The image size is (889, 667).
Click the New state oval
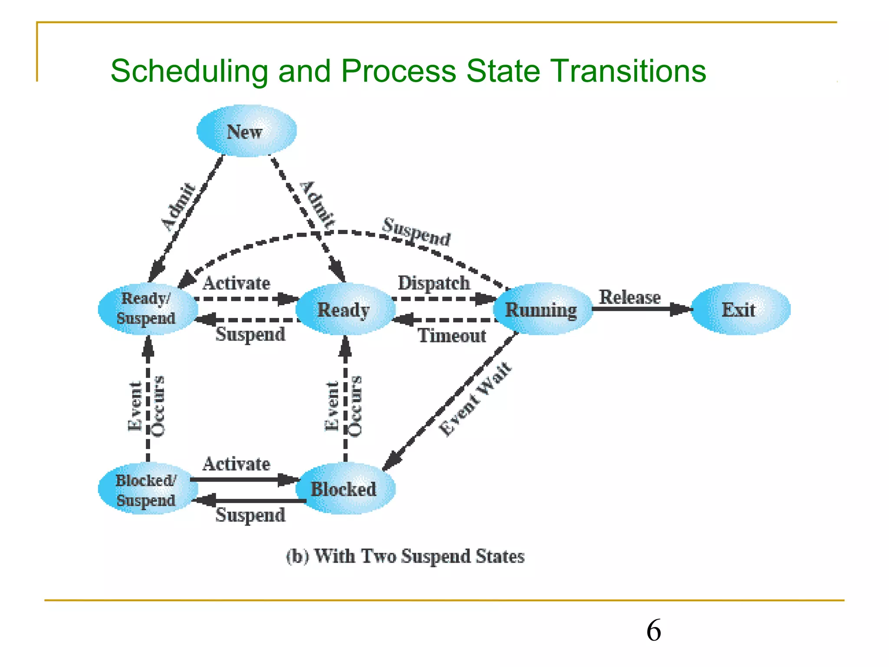click(x=246, y=131)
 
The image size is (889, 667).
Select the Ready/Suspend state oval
click(x=148, y=309)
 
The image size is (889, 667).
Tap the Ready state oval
click(x=345, y=310)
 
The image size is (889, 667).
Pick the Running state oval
click(x=542, y=310)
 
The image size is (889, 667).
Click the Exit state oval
click(x=740, y=310)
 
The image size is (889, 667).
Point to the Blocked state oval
click(x=345, y=489)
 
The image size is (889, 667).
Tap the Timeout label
click(x=452, y=336)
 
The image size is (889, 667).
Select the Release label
click(x=630, y=297)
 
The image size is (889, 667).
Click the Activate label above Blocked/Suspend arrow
click(x=237, y=464)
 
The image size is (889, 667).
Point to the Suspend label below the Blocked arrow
click(x=250, y=515)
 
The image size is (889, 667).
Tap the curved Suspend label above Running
click(x=416, y=232)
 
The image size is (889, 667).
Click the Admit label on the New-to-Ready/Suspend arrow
click(x=178, y=206)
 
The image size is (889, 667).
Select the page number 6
click(x=654, y=631)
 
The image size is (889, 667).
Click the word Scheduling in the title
click(x=189, y=71)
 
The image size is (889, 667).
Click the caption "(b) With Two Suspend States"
click(x=405, y=556)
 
